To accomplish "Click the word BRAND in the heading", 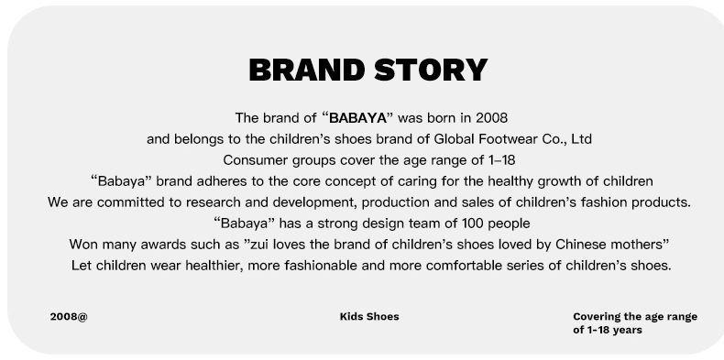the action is [x=307, y=71].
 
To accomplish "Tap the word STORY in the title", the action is [x=431, y=71].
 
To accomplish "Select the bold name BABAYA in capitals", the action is [x=357, y=118].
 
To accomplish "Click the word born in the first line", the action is [x=441, y=118].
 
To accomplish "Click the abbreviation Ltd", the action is [x=581, y=139].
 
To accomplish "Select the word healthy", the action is [x=510, y=182].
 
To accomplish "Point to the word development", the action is [x=314, y=203].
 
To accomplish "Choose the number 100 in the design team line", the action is [x=472, y=224].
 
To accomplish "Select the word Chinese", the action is [x=580, y=245].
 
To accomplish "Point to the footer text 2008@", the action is [x=69, y=317].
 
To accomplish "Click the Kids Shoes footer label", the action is [x=369, y=317].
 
